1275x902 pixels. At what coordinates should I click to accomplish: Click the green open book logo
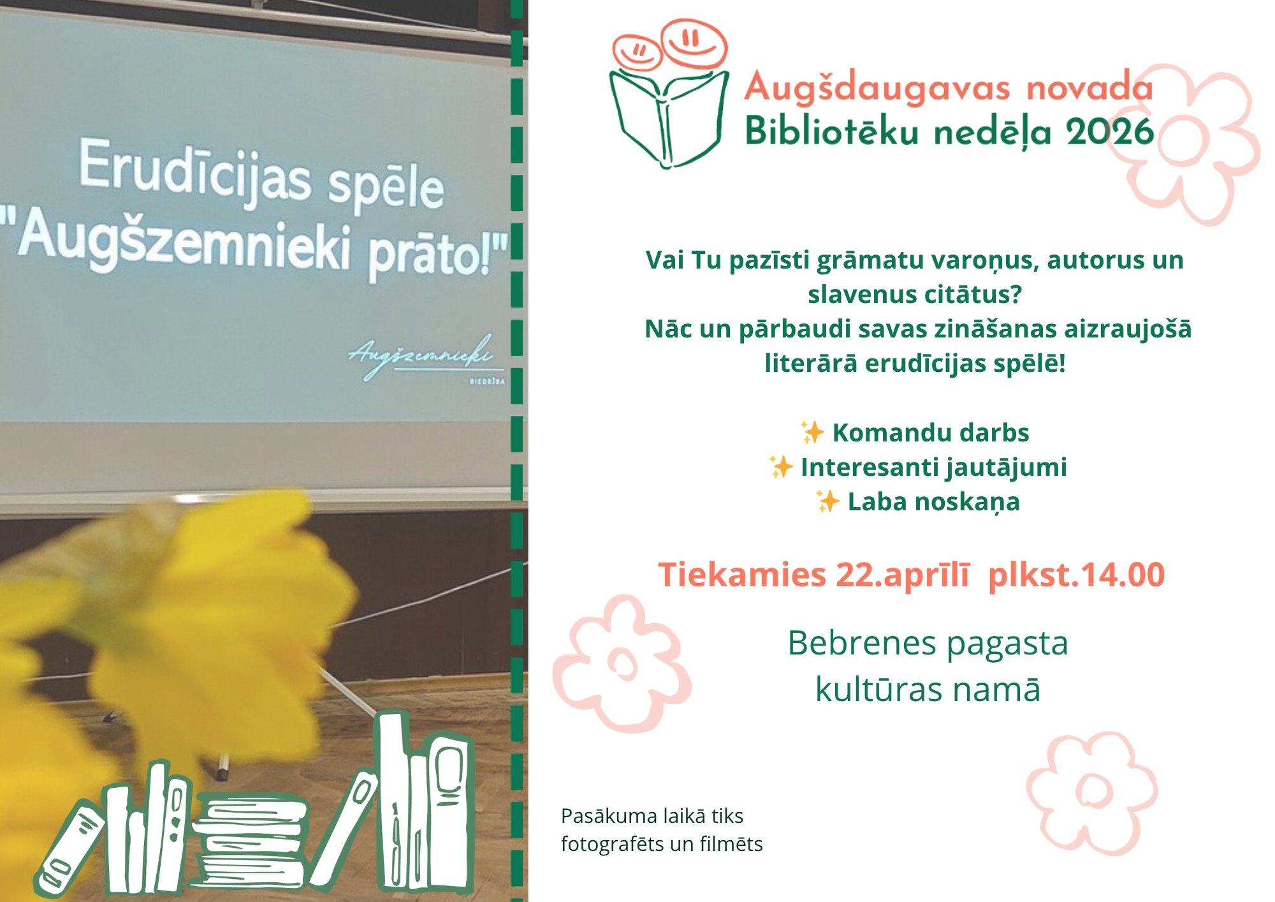point(668,119)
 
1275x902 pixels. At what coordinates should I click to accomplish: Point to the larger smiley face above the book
point(694,43)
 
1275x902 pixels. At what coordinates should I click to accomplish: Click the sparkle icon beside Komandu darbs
point(812,432)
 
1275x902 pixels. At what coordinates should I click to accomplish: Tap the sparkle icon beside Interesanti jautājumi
point(781,466)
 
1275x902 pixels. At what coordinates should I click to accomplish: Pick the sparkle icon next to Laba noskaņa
point(827,501)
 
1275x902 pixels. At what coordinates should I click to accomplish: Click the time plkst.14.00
point(1076,575)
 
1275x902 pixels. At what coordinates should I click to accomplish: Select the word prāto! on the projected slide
point(439,255)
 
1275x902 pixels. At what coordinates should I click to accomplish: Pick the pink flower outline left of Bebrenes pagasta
point(622,663)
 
